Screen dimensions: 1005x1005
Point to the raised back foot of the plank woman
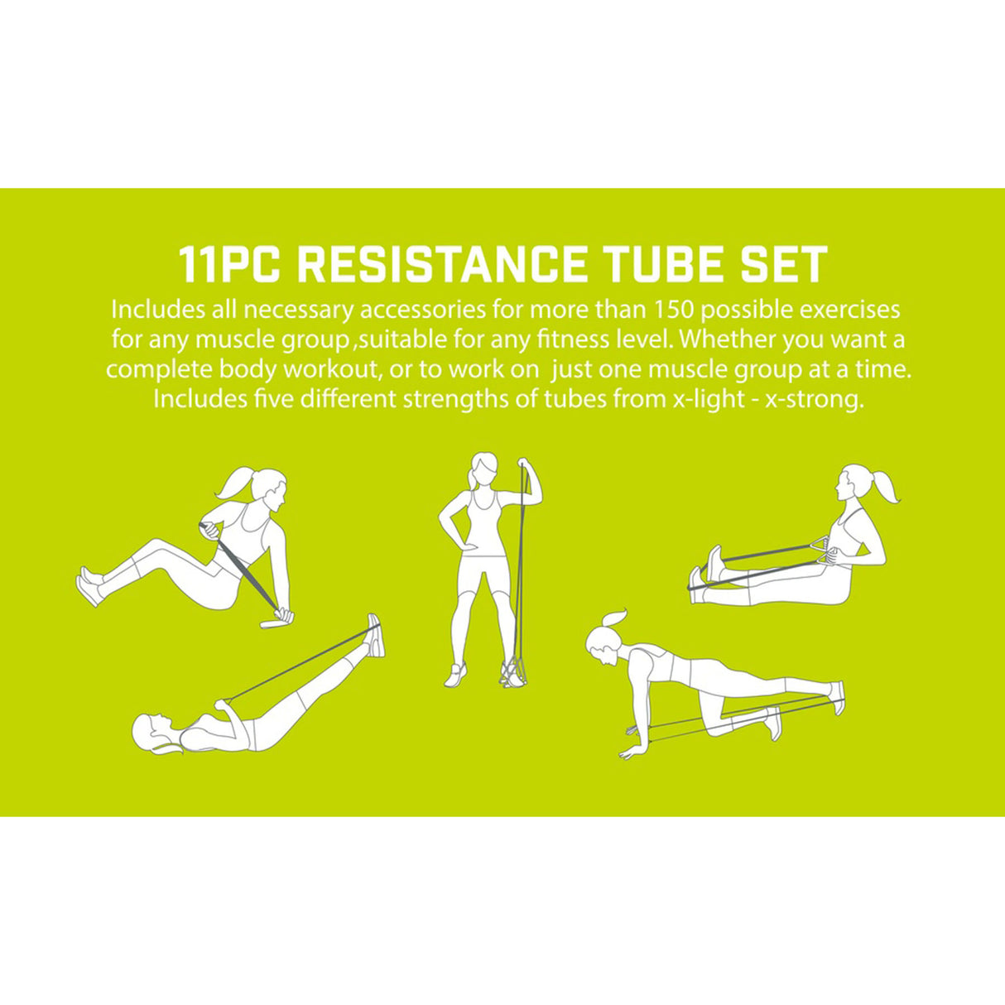tap(838, 695)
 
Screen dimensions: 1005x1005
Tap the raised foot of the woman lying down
tap(374, 634)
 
